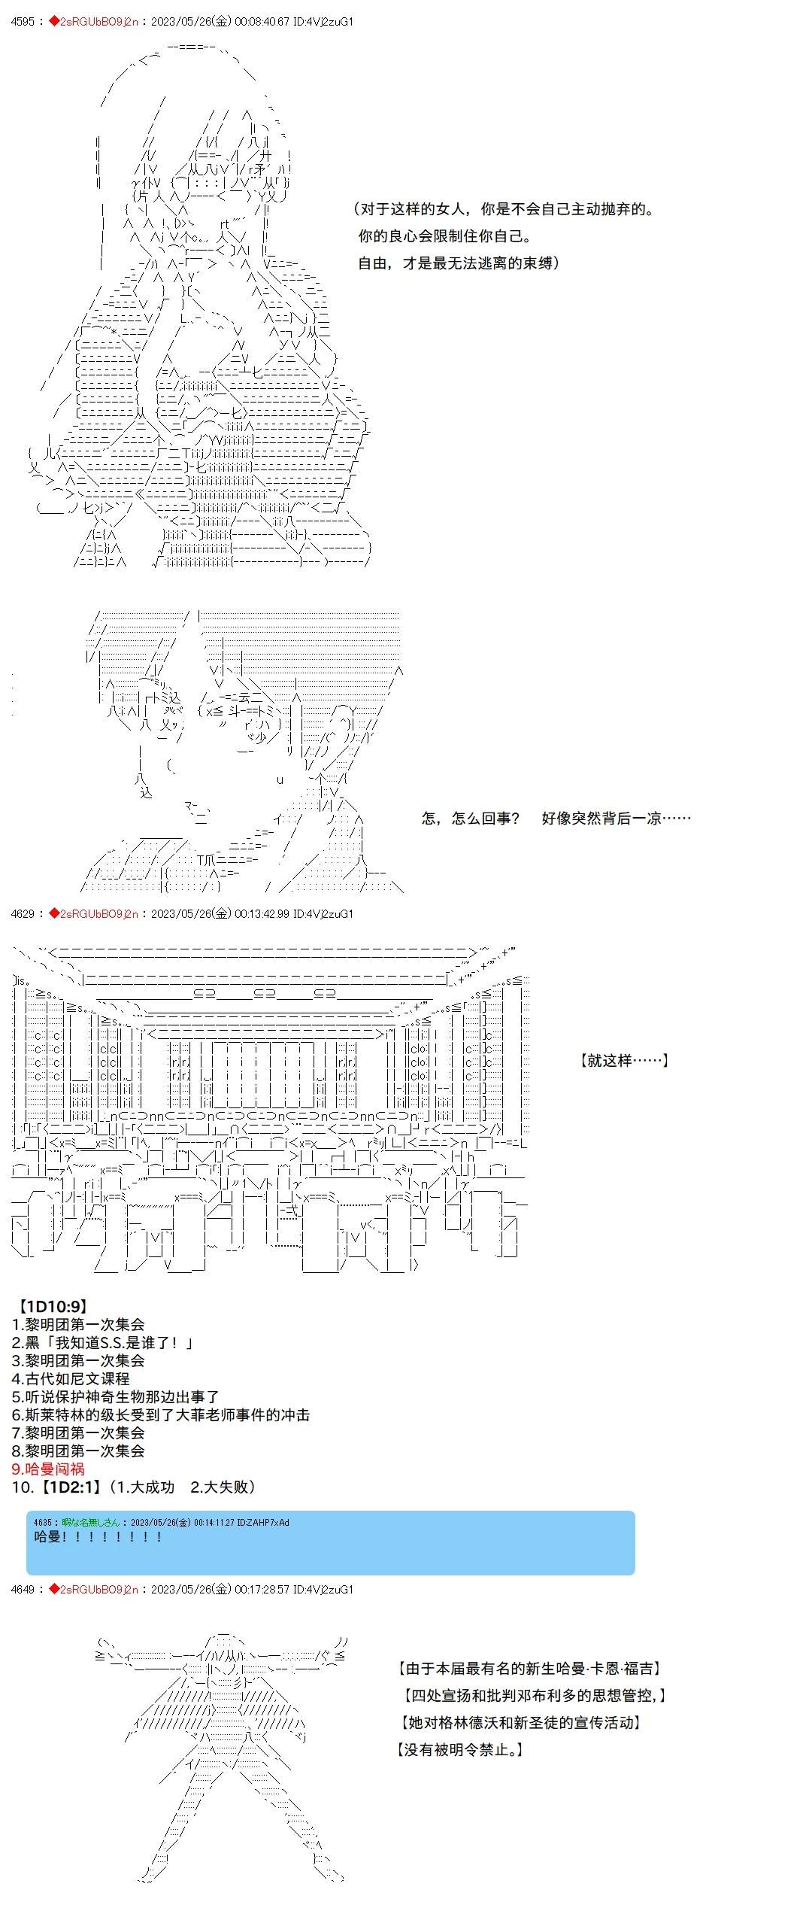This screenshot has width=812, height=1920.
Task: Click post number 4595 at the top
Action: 23,22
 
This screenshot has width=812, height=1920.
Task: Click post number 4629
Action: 23,913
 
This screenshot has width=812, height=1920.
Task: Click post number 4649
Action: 23,1589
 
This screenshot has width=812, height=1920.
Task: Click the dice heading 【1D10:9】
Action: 52,1306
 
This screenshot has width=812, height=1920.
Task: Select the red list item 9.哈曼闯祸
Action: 48,1469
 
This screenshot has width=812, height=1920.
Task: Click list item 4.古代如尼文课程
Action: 71,1378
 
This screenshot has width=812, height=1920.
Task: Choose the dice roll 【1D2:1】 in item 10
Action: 68,1487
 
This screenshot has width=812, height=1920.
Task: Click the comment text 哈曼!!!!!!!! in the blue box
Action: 98,1536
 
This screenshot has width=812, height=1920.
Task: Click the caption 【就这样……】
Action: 624,1060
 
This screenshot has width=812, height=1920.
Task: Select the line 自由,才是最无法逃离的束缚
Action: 458,263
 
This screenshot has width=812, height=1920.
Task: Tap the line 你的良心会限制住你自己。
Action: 445,235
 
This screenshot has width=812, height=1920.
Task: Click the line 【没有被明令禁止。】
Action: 460,1749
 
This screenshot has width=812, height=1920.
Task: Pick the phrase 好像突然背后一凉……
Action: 616,818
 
